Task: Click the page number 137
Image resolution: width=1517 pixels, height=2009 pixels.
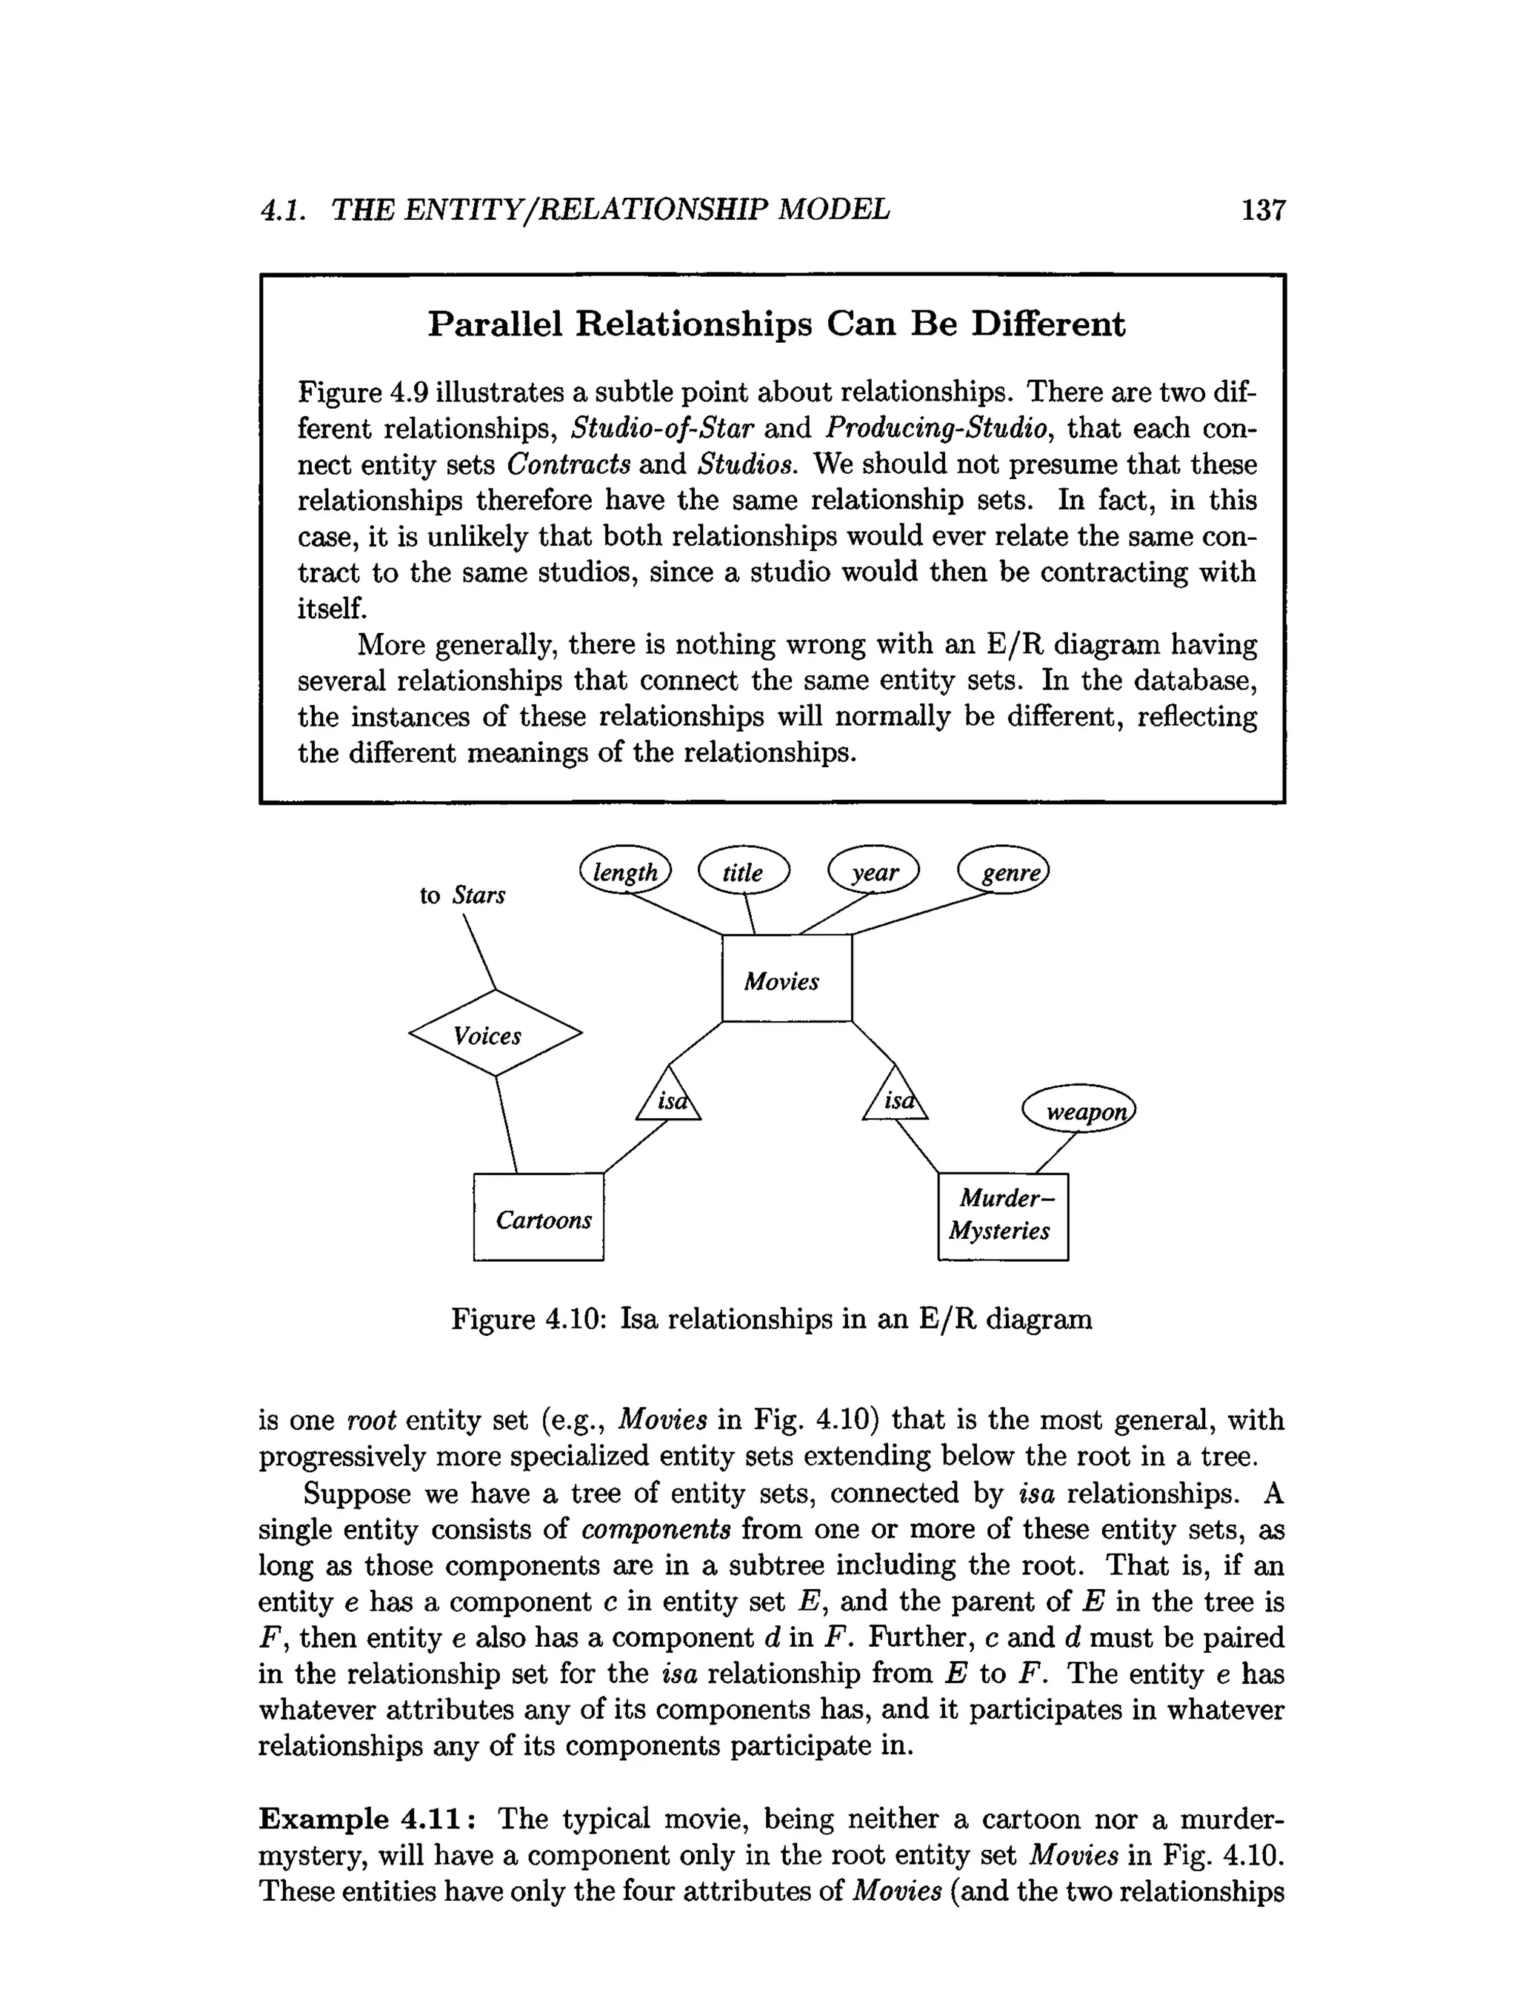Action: coord(1263,211)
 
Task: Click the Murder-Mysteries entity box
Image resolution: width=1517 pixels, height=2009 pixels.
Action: coord(1002,1216)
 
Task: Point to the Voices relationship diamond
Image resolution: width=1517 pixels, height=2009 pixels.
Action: coord(494,1034)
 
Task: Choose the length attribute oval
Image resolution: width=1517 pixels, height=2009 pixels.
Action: coord(625,871)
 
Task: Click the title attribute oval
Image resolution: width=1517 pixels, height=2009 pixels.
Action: coord(743,871)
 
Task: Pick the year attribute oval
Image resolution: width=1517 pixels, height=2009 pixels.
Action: coord(874,871)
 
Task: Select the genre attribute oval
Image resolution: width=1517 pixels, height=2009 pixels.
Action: coord(1004,871)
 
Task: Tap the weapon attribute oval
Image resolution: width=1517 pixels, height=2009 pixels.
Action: coord(1079,1109)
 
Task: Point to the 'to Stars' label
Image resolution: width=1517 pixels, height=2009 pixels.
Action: coord(461,895)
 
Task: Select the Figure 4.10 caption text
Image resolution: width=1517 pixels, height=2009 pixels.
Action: coord(771,1318)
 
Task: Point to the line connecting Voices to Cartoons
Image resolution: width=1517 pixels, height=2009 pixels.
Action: coord(506,1124)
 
